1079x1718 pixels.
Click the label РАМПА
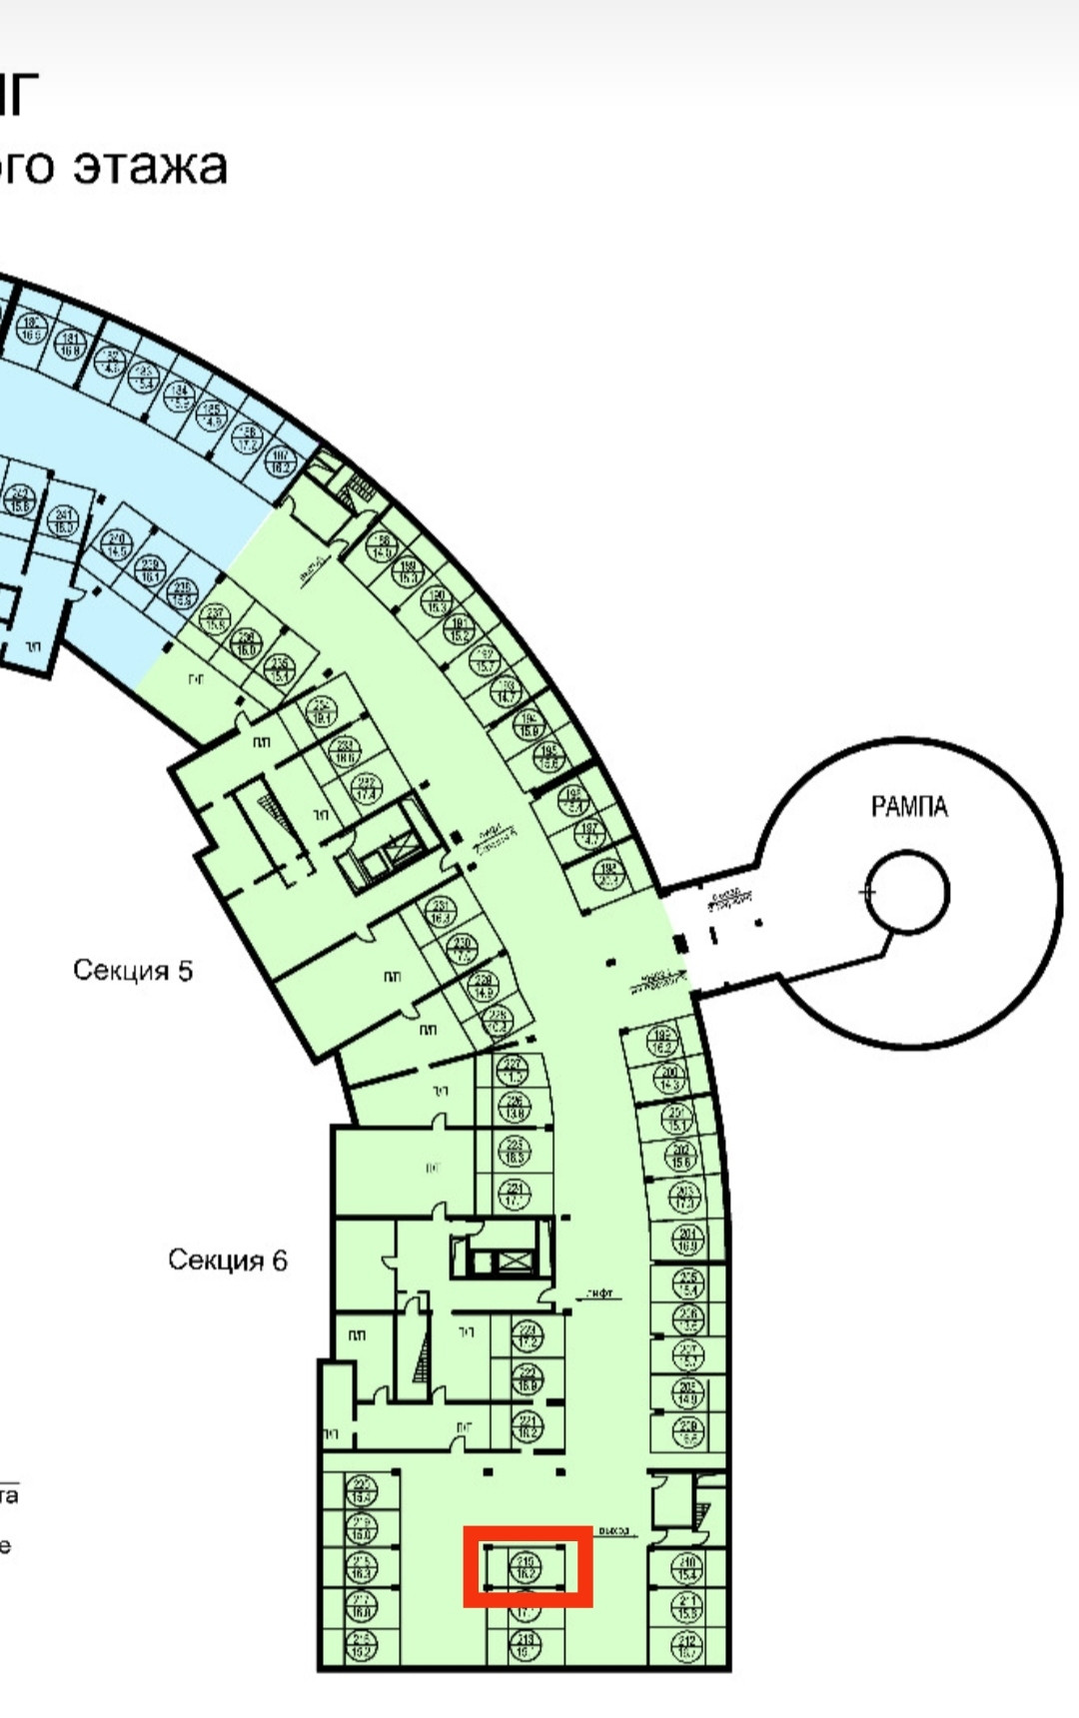[908, 806]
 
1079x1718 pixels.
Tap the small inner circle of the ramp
[907, 892]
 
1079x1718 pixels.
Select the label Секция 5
[132, 970]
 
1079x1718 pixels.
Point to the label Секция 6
[227, 1260]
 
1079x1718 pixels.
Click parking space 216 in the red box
[526, 1567]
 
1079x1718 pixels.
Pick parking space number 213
[526, 1644]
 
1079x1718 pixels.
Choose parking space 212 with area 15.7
[687, 1645]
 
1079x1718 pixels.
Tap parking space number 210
[687, 1568]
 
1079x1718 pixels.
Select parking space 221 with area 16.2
[528, 1425]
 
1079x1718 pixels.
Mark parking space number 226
[516, 1107]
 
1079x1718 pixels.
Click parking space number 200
[670, 1079]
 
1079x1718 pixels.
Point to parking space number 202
[682, 1157]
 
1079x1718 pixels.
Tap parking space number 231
[441, 912]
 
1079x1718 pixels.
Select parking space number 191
[459, 630]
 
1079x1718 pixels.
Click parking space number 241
[64, 519]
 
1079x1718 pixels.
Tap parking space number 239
[151, 569]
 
